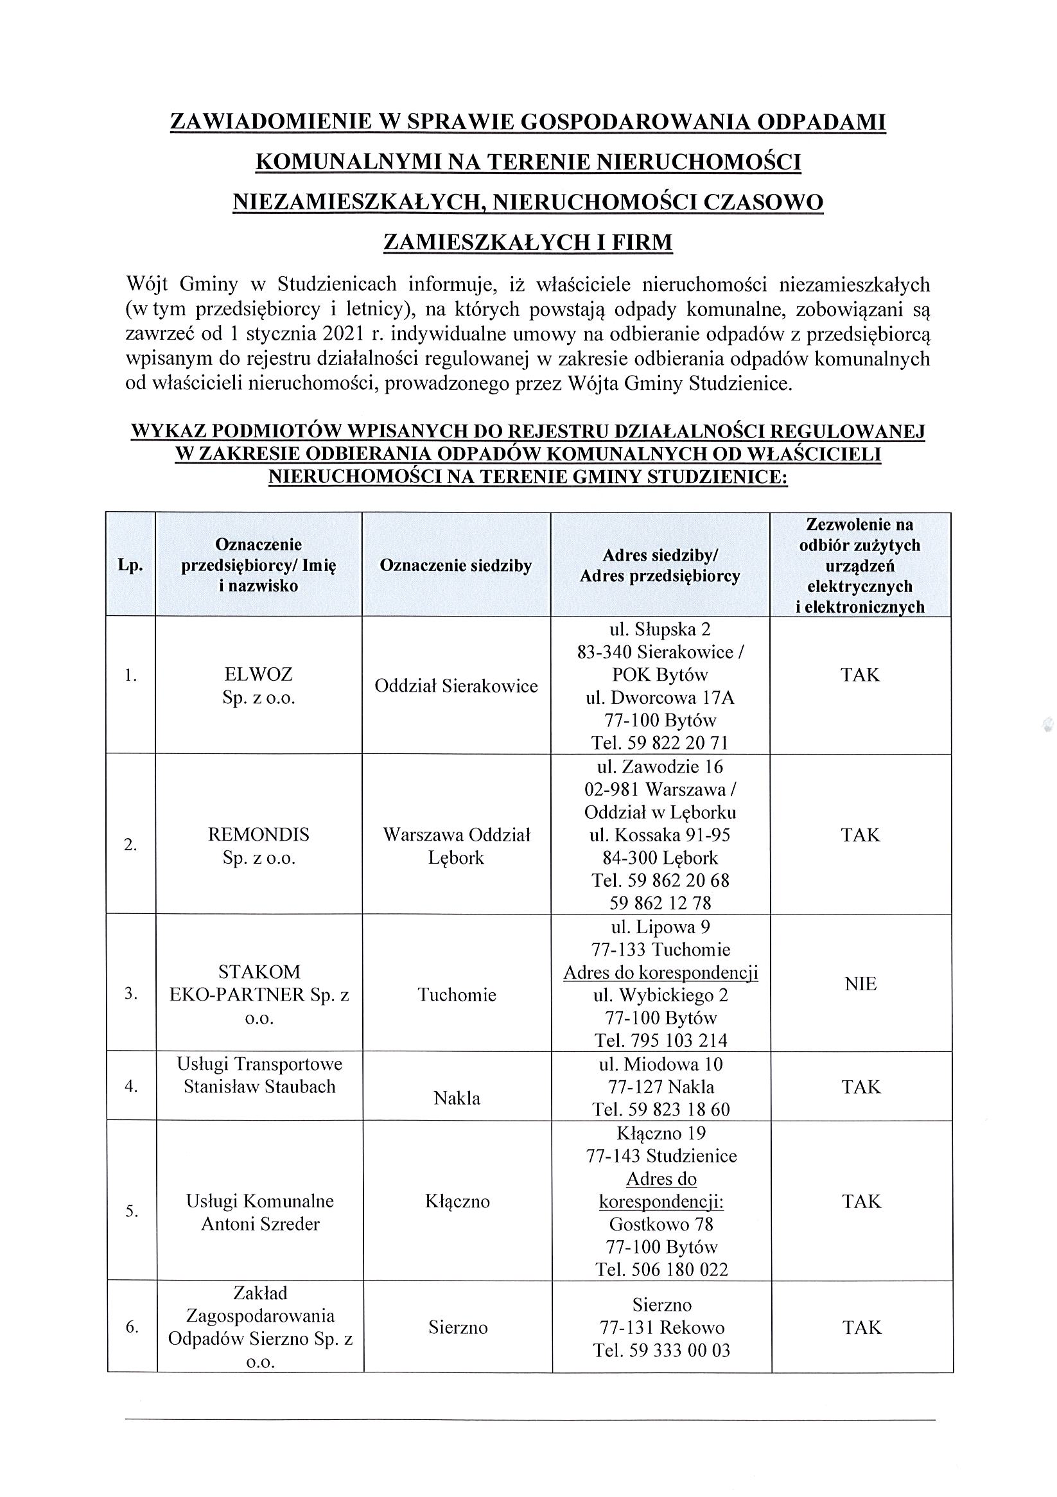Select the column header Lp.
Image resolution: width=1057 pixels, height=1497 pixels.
[x=130, y=565]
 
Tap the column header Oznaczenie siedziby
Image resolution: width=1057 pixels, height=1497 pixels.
[x=456, y=565]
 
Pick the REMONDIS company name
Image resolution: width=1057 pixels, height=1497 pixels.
[x=259, y=835]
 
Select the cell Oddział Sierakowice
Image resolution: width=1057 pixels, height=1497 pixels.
[x=456, y=686]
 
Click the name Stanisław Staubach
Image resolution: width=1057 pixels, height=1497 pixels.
[x=259, y=1086]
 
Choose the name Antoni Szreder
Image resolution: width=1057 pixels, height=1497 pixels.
[x=260, y=1224]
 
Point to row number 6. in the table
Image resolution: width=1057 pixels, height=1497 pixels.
[x=132, y=1327]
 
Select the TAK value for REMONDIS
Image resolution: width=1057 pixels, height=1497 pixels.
[x=860, y=836]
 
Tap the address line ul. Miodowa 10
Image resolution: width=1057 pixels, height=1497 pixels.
[x=661, y=1064]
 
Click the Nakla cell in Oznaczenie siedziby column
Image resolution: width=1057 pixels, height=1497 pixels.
[x=457, y=1098]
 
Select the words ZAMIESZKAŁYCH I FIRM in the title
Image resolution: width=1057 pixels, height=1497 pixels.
[x=527, y=243]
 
